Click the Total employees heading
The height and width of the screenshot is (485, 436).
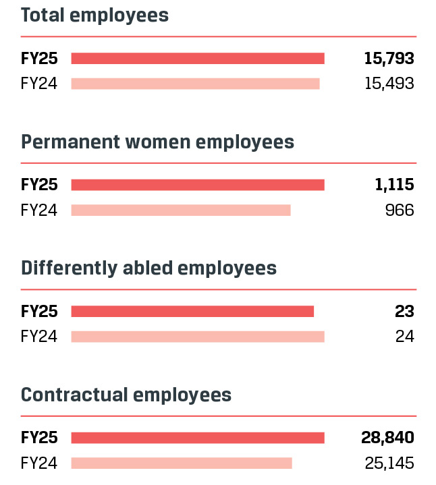point(94,16)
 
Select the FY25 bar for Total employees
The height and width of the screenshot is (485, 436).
point(198,59)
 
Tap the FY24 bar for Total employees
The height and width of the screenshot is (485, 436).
point(195,84)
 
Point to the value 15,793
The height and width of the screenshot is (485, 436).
point(389,59)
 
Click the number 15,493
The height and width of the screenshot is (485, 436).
point(389,84)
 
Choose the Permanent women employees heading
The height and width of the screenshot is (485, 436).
point(157,142)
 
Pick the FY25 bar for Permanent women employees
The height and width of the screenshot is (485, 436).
point(198,185)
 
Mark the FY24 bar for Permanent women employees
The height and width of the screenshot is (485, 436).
point(181,210)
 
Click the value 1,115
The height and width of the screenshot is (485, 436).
point(394,185)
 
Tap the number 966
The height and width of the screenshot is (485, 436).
point(400,210)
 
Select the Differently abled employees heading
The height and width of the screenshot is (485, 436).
point(148,268)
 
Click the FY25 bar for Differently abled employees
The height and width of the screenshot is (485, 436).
point(192,311)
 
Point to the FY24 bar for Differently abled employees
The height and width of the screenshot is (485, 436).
point(198,336)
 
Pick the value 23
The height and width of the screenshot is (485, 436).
point(405,311)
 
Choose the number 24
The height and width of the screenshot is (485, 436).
point(405,336)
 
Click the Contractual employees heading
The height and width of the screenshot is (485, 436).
point(126,395)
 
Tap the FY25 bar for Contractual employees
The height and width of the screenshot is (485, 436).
point(198,438)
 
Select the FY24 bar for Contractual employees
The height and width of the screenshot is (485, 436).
point(182,463)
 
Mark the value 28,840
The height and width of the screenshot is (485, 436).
point(387,438)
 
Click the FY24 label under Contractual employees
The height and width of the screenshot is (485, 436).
point(39,463)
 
